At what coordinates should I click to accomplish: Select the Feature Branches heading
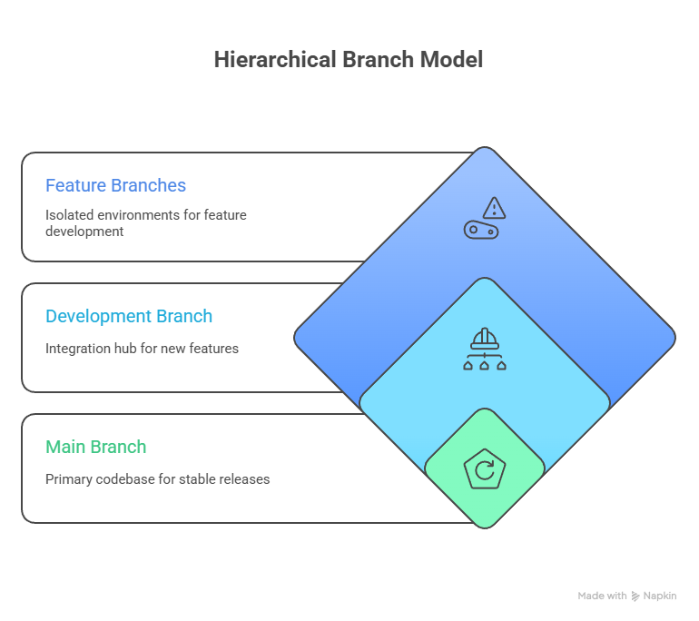tap(115, 185)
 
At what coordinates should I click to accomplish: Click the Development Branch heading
tap(129, 316)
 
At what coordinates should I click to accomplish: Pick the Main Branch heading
tap(95, 447)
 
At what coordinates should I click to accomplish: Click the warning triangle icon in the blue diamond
tap(494, 208)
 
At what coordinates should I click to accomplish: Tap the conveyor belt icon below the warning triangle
tap(483, 230)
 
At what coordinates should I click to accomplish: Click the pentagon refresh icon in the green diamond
tap(484, 470)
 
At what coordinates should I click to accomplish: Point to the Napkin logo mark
tap(635, 596)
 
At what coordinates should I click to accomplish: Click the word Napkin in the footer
tap(660, 596)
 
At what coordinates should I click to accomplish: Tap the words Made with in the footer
tap(602, 596)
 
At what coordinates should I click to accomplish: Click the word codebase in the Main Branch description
tap(127, 478)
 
